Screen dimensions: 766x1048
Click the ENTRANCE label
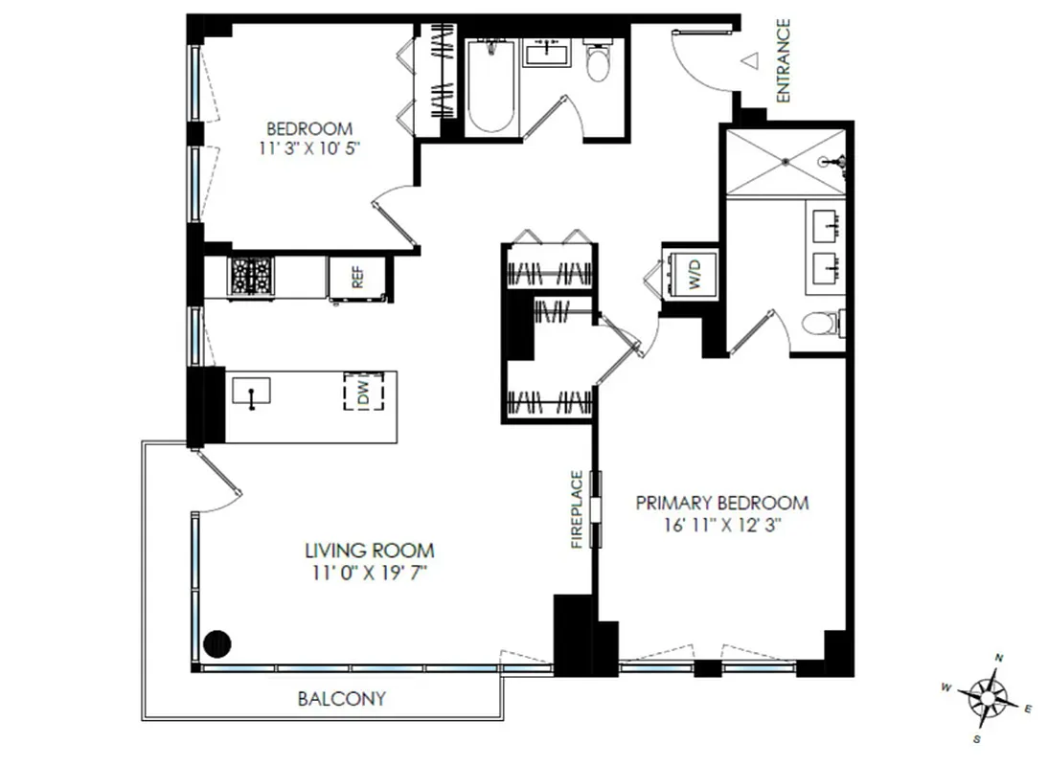point(783,60)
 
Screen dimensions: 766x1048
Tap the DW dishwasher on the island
point(363,392)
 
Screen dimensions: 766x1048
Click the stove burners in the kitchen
point(251,277)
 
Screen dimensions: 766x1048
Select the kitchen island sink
point(251,392)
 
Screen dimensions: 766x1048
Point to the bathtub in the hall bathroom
point(490,89)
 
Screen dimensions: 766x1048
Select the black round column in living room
point(217,643)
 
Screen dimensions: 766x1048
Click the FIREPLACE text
point(577,508)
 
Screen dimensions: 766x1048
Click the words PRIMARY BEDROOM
point(723,503)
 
